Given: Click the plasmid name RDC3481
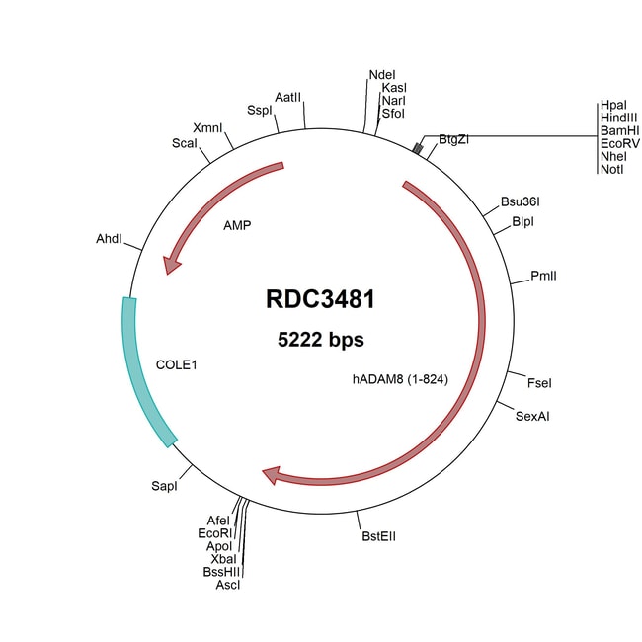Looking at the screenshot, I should click(x=320, y=299).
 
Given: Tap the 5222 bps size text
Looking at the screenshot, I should click(x=320, y=340).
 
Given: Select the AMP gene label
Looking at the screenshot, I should click(x=237, y=225).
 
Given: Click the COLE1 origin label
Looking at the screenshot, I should click(x=177, y=364).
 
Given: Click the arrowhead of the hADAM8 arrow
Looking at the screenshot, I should click(x=275, y=477).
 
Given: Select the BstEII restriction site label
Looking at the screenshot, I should click(x=379, y=536).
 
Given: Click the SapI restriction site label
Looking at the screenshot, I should click(x=164, y=486).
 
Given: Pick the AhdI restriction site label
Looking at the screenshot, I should click(x=109, y=240).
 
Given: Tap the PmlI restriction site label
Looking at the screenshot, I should click(x=543, y=276).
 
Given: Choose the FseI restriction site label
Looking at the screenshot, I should click(x=539, y=382).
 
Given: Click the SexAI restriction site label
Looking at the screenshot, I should click(x=532, y=416).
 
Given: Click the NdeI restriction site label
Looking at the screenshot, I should click(x=381, y=74).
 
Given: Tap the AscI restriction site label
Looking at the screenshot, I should click(x=228, y=585).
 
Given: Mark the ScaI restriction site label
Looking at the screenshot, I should click(x=185, y=143).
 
